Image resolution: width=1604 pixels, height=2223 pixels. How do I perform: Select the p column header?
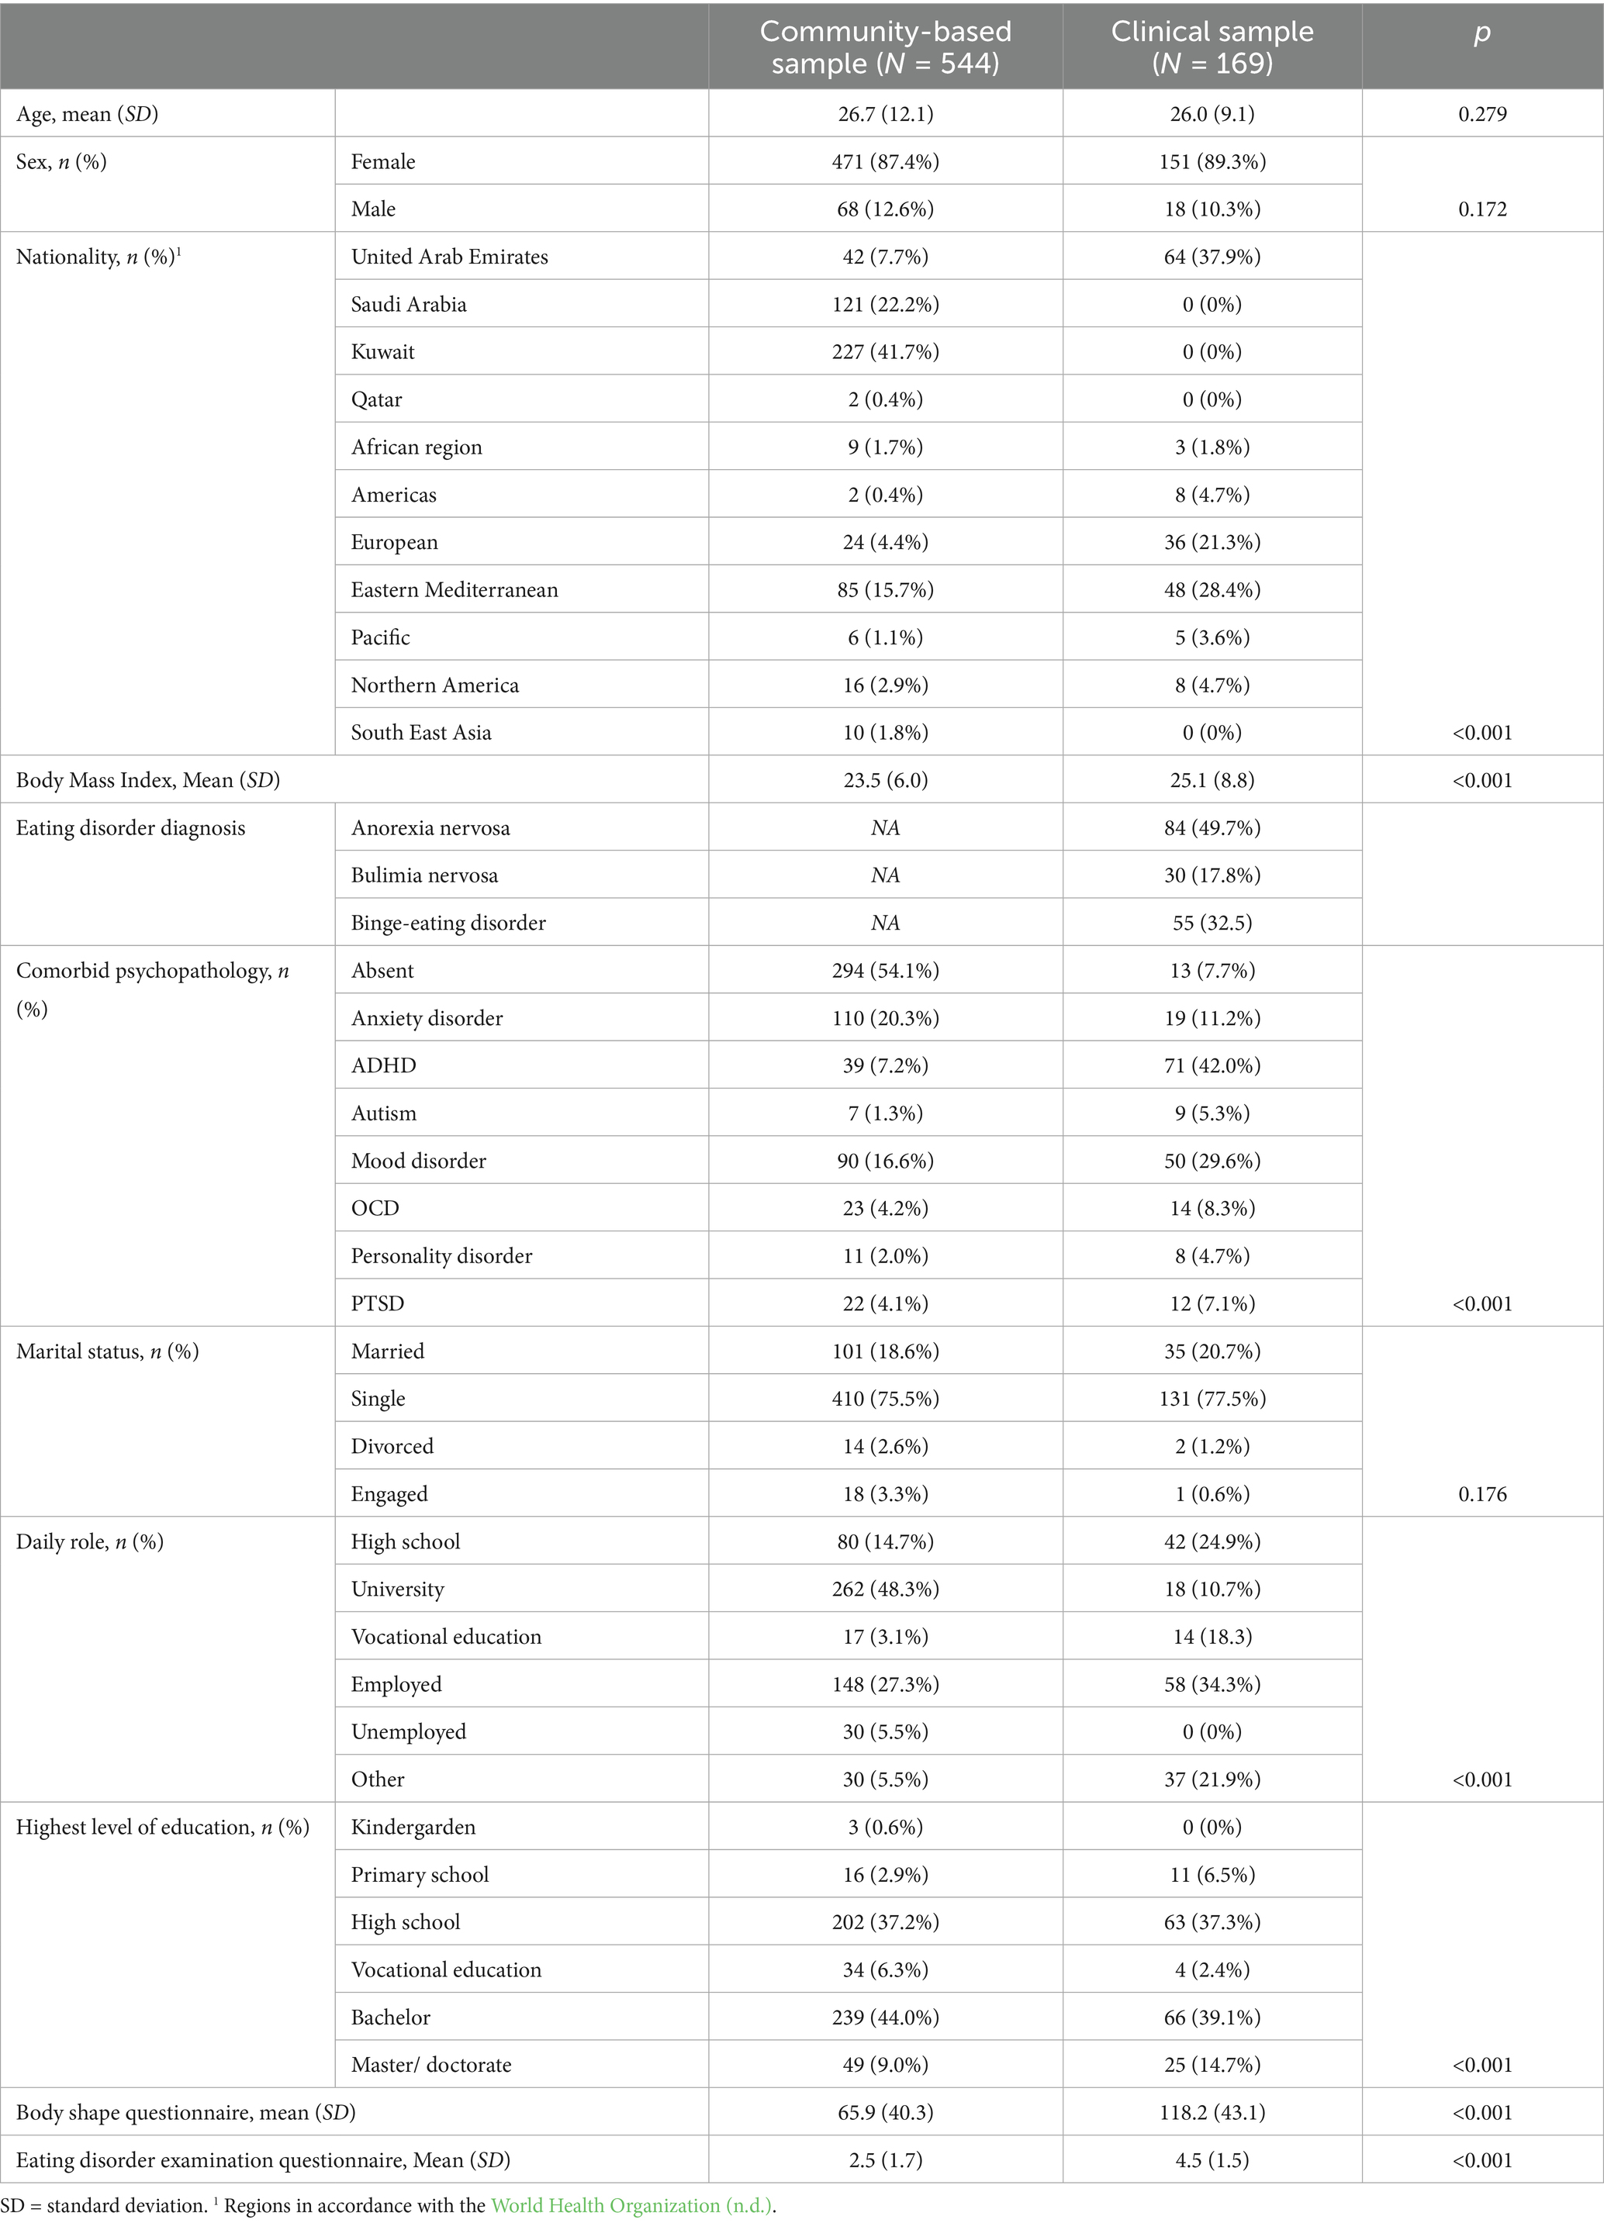coord(1481,33)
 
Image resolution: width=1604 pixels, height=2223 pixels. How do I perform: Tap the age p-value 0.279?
coord(1481,114)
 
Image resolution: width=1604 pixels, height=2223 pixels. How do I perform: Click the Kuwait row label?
coord(382,352)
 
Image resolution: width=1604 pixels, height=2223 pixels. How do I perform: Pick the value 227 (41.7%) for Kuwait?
coord(885,352)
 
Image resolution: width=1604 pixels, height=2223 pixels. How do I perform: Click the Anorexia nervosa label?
coord(430,828)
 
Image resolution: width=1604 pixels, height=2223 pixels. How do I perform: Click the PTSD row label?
coord(378,1303)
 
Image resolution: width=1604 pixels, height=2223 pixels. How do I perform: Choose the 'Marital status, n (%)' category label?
coord(108,1351)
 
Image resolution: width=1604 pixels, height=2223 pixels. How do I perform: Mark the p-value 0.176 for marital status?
coord(1481,1494)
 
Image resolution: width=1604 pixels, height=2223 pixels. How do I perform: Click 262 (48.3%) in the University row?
coord(885,1589)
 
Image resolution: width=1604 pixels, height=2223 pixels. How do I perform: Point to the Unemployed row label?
coord(409,1732)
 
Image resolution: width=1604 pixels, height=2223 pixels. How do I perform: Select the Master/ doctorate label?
coord(431,2065)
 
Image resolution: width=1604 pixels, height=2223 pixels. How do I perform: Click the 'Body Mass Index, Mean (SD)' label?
coord(148,781)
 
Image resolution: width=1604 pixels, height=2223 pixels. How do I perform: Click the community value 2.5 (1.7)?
coord(885,2160)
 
